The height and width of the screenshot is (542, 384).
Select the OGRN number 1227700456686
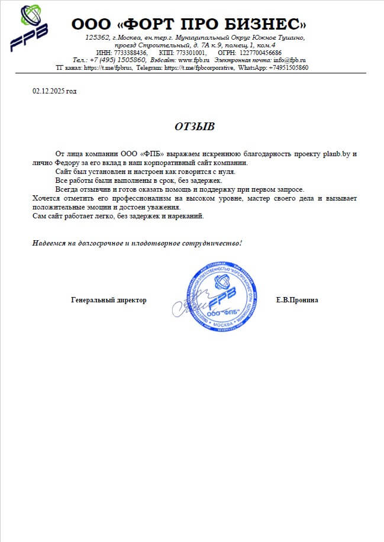(x=261, y=53)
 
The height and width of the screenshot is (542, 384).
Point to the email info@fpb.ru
(x=289, y=60)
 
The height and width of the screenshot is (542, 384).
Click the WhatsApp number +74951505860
(x=288, y=68)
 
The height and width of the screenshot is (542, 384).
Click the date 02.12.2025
(x=49, y=91)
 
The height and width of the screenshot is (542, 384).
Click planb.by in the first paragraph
(x=337, y=154)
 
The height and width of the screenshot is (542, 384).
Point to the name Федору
(x=67, y=163)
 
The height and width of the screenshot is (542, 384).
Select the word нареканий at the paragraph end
(x=186, y=216)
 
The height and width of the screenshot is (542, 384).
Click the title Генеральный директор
(x=108, y=300)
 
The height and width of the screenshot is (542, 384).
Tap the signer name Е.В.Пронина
(x=297, y=300)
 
